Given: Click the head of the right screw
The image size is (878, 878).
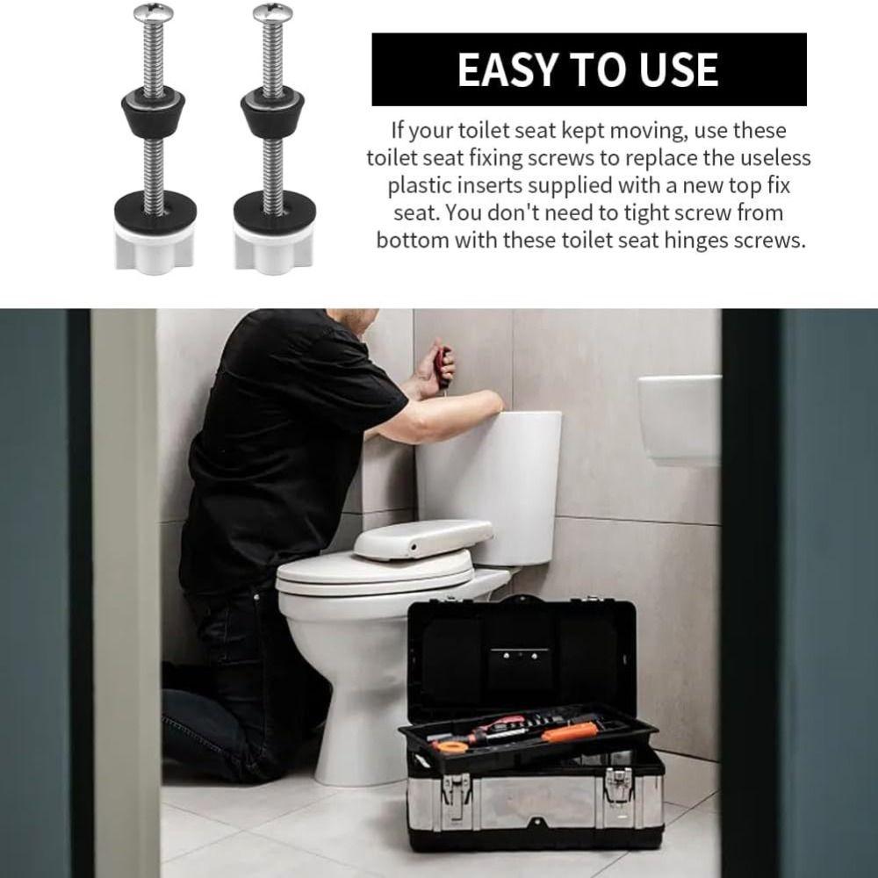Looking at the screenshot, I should (x=270, y=12).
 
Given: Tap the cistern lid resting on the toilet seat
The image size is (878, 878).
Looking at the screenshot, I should (x=421, y=537).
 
